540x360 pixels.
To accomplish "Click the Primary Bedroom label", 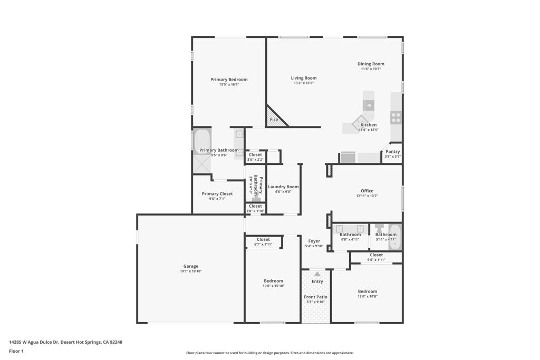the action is (x=229, y=80).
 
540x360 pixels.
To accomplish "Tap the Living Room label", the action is (x=304, y=78).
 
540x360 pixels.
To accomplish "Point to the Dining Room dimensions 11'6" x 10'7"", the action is (x=371, y=69).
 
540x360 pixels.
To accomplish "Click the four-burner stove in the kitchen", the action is (x=396, y=117).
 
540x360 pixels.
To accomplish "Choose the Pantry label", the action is (x=392, y=151).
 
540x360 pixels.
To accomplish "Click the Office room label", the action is (x=367, y=191).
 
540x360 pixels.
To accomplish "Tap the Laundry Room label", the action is (x=283, y=187).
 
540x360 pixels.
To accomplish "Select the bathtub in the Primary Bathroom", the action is (x=201, y=141).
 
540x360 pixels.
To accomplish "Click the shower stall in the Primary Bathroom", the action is (x=201, y=164).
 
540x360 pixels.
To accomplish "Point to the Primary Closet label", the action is (x=217, y=194).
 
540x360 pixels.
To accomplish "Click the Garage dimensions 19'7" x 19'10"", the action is (x=191, y=271).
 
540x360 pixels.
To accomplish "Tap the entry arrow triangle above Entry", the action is (x=317, y=274).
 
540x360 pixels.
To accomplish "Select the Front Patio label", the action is (x=315, y=297).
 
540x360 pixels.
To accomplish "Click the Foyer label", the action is (x=314, y=241).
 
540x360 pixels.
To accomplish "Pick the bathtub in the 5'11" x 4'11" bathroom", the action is (x=395, y=237).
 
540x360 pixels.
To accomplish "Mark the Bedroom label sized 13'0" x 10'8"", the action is (x=368, y=291).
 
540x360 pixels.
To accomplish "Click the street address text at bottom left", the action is (x=66, y=342).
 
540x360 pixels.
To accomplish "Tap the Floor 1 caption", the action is (x=16, y=352).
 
